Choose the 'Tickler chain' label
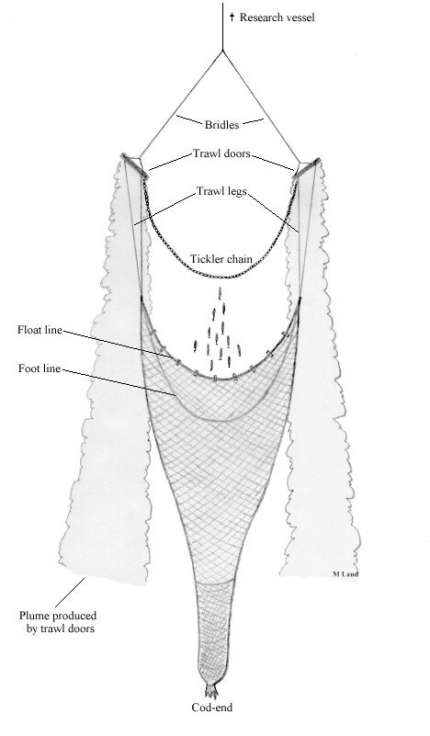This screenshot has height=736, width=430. click(x=221, y=258)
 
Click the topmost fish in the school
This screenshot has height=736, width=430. click(x=220, y=294)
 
